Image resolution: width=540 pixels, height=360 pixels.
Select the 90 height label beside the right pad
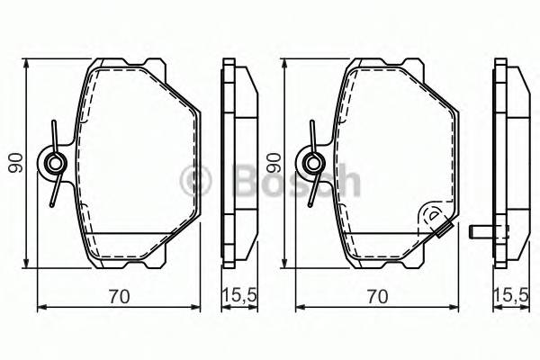274,163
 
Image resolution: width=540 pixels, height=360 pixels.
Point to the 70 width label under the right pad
379,295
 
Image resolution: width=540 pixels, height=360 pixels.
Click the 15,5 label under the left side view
238,295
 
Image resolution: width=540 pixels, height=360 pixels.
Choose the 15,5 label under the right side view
510,295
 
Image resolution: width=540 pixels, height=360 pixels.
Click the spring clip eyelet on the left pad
55,163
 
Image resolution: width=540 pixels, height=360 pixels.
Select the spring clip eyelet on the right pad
313,163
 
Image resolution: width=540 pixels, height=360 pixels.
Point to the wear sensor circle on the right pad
432,215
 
